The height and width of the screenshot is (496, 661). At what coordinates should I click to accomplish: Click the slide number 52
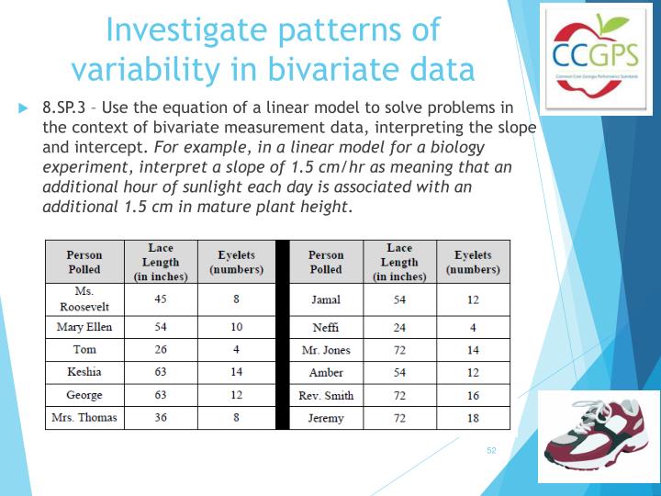[x=491, y=450]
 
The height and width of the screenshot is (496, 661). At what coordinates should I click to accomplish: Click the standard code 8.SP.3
[x=65, y=107]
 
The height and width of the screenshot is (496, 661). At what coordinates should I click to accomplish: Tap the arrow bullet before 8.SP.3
[x=24, y=107]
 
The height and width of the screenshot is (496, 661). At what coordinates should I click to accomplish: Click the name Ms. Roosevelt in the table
[x=84, y=298]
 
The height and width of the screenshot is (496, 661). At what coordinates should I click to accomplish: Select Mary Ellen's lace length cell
[x=161, y=327]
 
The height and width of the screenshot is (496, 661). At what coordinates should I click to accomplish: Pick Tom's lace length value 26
[x=161, y=350]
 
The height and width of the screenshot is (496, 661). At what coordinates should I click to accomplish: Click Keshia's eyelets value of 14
[x=236, y=372]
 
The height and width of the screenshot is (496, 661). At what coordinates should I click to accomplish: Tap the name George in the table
[x=84, y=395]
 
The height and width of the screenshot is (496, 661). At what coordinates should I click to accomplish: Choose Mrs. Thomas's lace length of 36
[x=161, y=418]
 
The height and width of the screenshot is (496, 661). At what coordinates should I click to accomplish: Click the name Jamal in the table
[x=326, y=299]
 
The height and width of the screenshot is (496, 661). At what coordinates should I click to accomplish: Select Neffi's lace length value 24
[x=399, y=327]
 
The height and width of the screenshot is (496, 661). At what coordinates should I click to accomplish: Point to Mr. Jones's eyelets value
[x=473, y=350]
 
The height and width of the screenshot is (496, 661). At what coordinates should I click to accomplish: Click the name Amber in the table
[x=326, y=372]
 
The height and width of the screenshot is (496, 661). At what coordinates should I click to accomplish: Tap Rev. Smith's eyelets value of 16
[x=473, y=395]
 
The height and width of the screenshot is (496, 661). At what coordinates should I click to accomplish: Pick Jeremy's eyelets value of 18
[x=473, y=418]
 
